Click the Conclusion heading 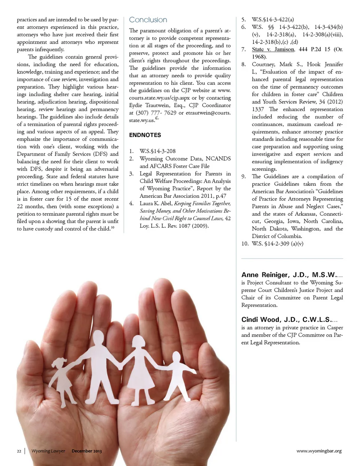(x=148, y=20)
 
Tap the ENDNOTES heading (x=145, y=135)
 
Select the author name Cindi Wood (x=261, y=320)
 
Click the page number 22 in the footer (x=19, y=451)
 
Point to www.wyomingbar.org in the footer (x=319, y=451)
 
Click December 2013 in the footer (x=87, y=451)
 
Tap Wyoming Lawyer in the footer (x=48, y=451)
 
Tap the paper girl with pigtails (x=62, y=375)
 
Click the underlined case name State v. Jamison (x=273, y=49)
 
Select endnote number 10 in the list (x=245, y=244)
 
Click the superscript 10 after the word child (x=112, y=227)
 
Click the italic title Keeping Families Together (x=202, y=203)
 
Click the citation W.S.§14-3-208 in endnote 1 (x=157, y=151)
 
